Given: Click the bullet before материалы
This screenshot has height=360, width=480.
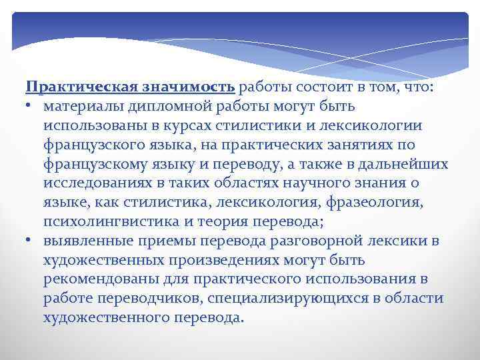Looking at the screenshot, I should [30, 107].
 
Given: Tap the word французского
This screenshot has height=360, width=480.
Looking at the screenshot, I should [95, 145].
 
